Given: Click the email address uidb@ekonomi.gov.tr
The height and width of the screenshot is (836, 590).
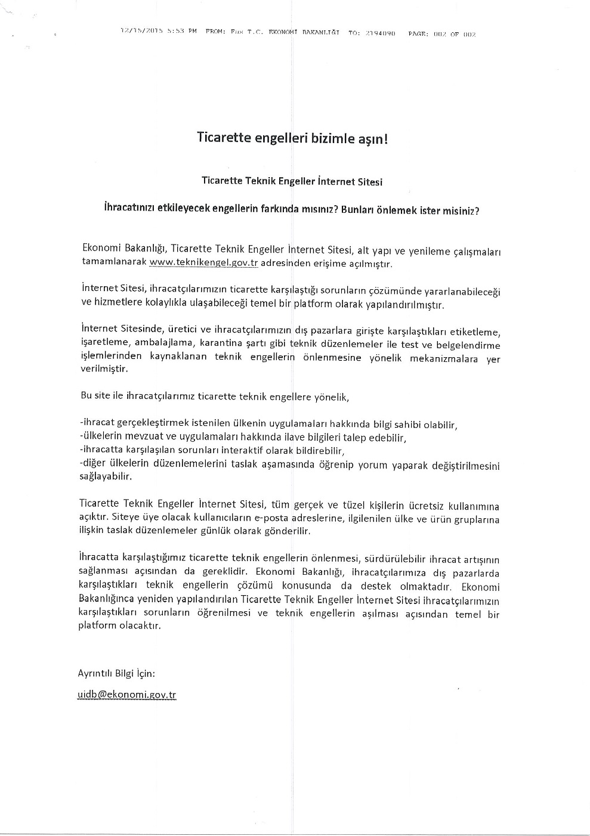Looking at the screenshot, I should [127, 695].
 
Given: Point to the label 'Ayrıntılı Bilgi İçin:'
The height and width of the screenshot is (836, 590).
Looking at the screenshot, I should [117, 673].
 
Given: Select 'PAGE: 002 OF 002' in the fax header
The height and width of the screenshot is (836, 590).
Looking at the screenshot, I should [441, 34].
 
